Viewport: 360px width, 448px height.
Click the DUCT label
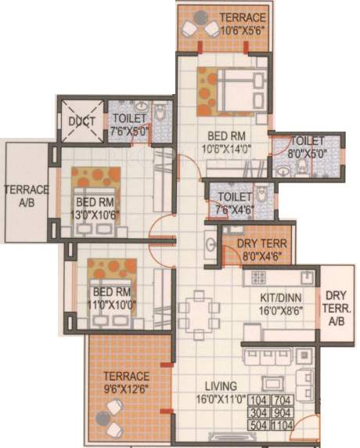[x=81, y=121]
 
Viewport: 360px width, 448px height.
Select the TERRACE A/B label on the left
[x=26, y=196]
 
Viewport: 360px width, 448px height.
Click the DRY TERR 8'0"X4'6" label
[x=256, y=248]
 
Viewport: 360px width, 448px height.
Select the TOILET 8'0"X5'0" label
[x=307, y=147]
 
